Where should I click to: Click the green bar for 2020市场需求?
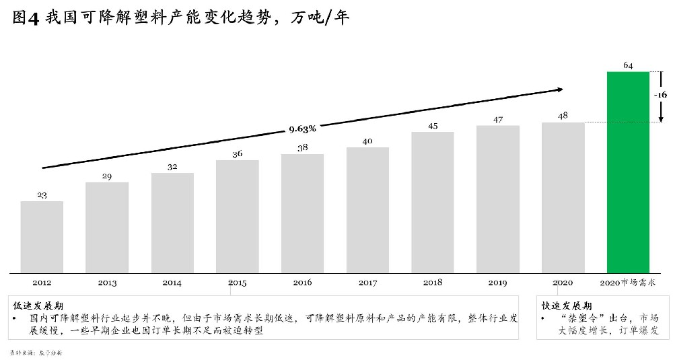tap(628, 172)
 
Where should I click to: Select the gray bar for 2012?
tap(42, 237)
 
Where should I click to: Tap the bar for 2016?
tap(302, 213)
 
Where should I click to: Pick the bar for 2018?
tap(433, 202)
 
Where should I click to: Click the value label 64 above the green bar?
tap(628, 65)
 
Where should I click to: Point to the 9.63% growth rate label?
tap(302, 128)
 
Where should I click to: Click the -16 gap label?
tap(660, 95)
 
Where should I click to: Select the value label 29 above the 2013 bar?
tap(107, 176)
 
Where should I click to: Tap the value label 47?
tap(498, 119)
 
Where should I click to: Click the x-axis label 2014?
tap(172, 283)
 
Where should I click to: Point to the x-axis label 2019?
tap(498, 283)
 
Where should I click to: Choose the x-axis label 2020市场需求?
tap(628, 283)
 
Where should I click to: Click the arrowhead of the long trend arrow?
tap(559, 89)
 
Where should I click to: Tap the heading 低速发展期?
tap(34, 305)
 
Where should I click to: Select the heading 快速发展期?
tap(567, 305)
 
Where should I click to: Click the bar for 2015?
tap(237, 216)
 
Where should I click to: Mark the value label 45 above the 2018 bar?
tap(433, 126)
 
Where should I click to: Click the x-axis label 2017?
tap(367, 283)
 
